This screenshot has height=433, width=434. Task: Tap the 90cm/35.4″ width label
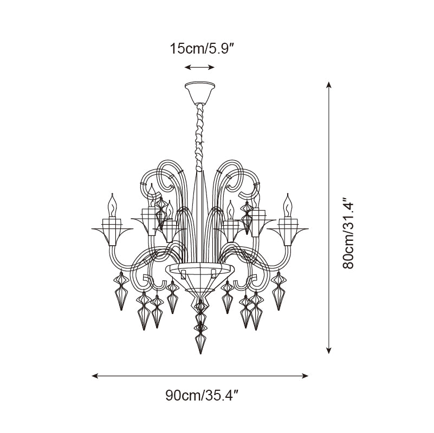pos(202,396)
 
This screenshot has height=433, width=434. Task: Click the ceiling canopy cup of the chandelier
pos(200,93)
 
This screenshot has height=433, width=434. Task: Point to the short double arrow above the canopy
pos(199,67)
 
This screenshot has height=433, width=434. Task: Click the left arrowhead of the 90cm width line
pos(95,376)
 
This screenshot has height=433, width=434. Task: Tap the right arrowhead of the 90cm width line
pos(305,376)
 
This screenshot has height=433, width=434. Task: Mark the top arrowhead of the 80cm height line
pos(328,85)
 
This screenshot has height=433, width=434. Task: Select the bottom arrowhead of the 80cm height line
pos(328,350)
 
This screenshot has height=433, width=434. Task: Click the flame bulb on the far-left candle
pos(112,205)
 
